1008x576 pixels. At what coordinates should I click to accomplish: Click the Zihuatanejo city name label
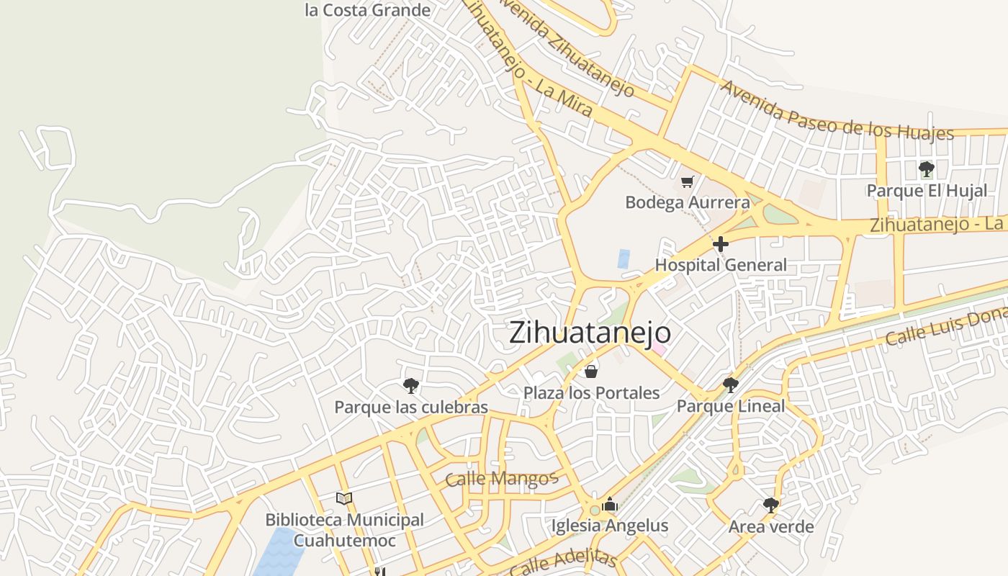coord(590,333)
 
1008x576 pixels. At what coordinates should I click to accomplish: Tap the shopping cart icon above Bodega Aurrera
coord(688,181)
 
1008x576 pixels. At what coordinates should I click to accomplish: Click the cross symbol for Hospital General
coord(720,244)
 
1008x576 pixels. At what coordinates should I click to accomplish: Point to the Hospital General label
coord(721,265)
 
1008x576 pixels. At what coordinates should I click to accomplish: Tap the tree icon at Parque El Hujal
coord(926,169)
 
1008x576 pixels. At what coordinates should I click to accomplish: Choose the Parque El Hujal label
coord(926,191)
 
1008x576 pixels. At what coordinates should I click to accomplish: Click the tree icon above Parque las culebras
coord(410,386)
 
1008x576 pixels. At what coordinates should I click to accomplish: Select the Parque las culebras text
coord(411,407)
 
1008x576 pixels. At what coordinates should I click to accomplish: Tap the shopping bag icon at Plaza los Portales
coord(591,372)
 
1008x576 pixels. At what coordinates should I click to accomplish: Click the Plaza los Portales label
coord(591,392)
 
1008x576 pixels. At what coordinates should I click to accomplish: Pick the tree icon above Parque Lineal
coord(730,385)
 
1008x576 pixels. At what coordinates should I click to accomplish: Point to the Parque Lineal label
coord(730,406)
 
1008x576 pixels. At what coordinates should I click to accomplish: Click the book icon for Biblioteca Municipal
coord(344,498)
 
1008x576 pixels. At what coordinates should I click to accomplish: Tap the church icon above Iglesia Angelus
coord(610,505)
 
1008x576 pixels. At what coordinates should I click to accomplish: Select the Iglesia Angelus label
coord(610,526)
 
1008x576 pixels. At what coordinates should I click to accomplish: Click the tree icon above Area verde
coord(770,505)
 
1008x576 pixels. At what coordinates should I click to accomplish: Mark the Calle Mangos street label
coord(502,479)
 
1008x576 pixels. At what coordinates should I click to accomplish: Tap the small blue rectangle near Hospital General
coord(624,259)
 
